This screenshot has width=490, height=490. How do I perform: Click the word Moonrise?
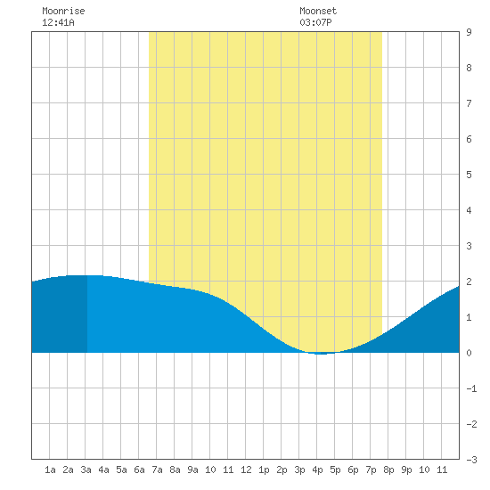[63, 11]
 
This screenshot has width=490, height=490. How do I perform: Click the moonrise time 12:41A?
[58, 22]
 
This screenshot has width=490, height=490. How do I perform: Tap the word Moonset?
[318, 11]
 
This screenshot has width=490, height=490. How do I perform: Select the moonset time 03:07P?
[315, 22]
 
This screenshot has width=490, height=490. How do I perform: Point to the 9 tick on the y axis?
[469, 32]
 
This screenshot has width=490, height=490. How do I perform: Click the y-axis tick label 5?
[469, 175]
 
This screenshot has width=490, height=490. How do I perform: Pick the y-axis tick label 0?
[469, 353]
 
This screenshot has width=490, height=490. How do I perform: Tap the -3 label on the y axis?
[471, 460]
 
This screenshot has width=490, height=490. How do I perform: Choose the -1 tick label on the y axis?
[471, 388]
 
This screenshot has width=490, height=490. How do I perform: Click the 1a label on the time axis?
[50, 470]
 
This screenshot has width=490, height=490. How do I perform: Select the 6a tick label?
[139, 470]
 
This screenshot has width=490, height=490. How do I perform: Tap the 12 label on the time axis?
[246, 470]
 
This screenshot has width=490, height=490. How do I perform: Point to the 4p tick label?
[317, 470]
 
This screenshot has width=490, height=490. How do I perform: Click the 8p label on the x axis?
[388, 470]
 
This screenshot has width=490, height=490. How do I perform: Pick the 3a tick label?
[86, 470]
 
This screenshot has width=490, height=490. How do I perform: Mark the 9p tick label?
[406, 470]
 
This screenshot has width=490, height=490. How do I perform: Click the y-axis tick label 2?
[469, 282]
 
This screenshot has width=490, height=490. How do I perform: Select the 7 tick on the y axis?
[469, 103]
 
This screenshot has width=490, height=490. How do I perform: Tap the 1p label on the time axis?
[264, 470]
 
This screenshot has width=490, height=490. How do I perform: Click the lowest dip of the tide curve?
[321, 354]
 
